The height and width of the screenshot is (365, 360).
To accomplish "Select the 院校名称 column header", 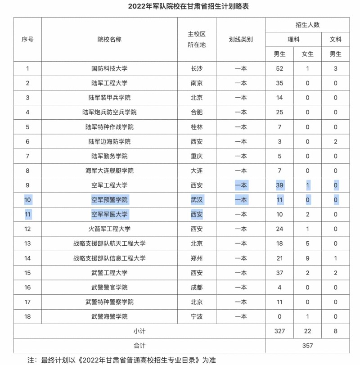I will [109, 40].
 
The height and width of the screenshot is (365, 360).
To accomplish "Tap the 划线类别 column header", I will [241, 40].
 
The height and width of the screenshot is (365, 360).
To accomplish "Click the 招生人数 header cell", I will [307, 25].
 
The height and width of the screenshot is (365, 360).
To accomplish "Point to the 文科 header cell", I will [336, 40].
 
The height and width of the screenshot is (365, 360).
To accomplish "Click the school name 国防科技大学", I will [109, 68].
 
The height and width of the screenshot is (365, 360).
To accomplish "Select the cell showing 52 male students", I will [279, 68].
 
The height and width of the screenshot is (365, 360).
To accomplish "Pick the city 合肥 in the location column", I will [197, 112].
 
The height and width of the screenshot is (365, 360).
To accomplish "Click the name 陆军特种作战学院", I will [109, 127].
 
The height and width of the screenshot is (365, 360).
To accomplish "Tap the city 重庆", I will [197, 156].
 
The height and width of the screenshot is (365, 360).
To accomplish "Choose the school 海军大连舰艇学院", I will [109, 171].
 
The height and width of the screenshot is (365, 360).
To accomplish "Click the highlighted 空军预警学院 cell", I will [109, 200].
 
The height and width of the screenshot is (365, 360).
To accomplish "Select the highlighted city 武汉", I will [197, 200].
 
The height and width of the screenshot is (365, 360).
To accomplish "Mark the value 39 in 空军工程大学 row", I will [279, 185].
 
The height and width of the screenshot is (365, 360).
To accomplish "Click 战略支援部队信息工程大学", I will [109, 258].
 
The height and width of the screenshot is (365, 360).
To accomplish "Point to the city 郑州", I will [197, 258].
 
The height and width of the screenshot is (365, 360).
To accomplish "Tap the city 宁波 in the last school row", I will [197, 316].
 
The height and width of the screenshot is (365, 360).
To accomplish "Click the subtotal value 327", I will [279, 331].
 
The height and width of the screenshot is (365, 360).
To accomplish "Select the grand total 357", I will [307, 346].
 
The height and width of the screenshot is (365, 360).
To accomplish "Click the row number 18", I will [27, 316].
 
